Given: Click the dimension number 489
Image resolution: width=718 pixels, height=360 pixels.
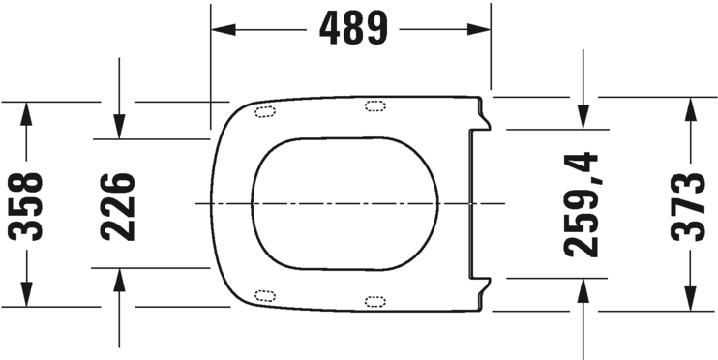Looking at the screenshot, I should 351,29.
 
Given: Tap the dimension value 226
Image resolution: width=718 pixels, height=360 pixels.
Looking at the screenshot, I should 118,205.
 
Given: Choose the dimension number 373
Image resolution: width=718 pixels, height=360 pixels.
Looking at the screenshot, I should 691,205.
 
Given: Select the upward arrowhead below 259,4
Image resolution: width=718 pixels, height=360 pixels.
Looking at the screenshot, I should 583,292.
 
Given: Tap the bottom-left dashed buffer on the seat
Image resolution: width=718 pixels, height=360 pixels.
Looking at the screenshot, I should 263,295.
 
